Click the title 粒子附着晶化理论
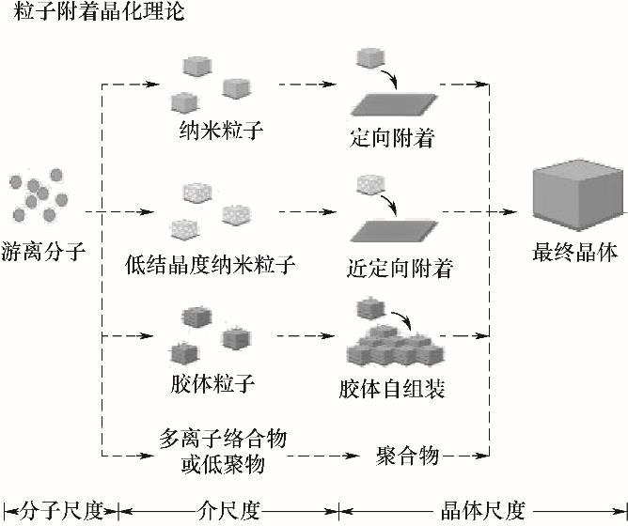coord(95,14)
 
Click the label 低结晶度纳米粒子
coord(210,264)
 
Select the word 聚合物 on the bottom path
coord(407,456)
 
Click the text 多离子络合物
coord(223,439)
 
